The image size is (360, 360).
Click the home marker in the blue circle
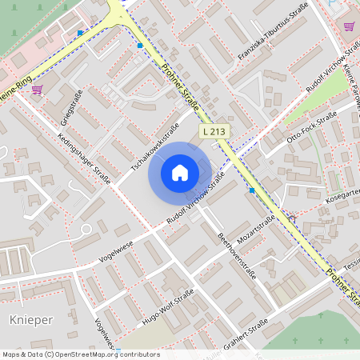180,173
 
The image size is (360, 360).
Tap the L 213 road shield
214,130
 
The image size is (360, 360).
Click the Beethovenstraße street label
237,255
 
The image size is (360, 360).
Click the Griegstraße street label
72,110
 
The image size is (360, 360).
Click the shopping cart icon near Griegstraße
37,90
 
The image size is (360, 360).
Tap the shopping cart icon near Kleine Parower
349,26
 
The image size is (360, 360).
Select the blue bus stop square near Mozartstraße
252,190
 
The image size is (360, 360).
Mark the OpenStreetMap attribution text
80,354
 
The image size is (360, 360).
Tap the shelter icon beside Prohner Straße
291,218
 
